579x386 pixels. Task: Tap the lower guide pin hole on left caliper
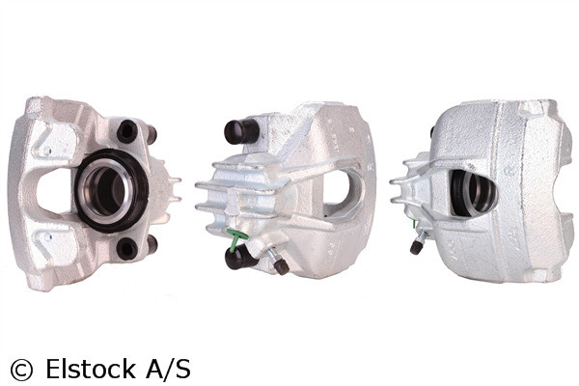tap(125, 247)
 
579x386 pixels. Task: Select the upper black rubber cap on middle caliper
tap(237, 131)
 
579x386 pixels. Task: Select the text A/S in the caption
tap(170, 368)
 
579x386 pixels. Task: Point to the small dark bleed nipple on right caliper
tap(417, 246)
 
